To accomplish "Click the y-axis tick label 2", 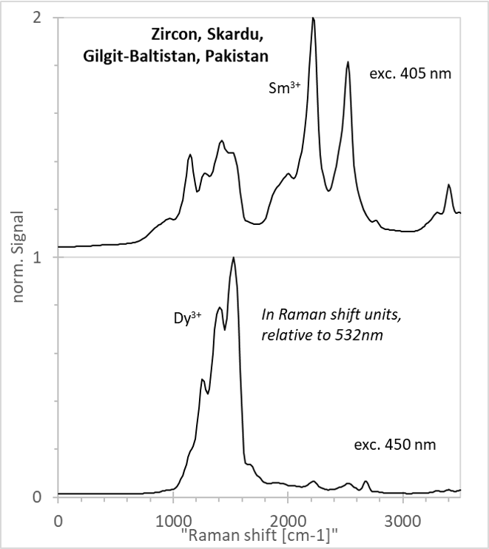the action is (37, 18).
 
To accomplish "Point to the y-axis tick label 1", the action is (37, 257).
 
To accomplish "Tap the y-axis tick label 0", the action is (37, 497).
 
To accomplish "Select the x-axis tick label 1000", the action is (173, 522).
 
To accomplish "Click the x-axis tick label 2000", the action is (288, 522).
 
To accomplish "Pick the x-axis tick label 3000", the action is (403, 522).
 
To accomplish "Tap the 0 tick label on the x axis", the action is (58, 522).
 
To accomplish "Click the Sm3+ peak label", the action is (284, 87).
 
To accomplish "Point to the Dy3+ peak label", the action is (188, 318).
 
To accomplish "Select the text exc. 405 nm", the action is (411, 74).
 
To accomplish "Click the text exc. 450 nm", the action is (395, 445).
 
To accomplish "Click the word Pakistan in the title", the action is (237, 56).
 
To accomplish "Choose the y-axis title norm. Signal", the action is (18, 257).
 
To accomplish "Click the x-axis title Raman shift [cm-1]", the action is (260, 536).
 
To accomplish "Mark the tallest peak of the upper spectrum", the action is (313, 18).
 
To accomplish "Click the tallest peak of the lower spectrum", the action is (234, 257).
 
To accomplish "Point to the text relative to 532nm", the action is (322, 335).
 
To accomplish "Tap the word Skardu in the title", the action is (235, 35).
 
